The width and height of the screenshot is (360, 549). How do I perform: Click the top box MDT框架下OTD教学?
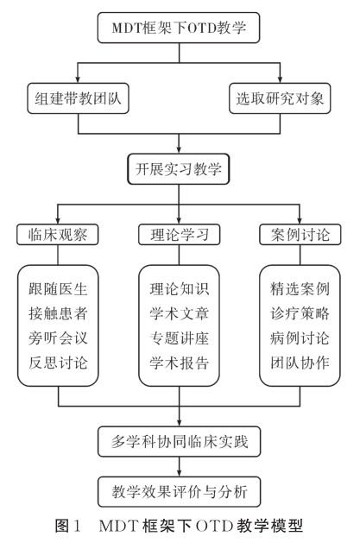[x=179, y=28]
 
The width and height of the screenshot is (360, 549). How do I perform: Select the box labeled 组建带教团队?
[x=78, y=98]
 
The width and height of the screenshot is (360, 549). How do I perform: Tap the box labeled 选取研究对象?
[x=280, y=98]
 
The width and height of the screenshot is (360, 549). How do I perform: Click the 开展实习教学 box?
[x=179, y=169]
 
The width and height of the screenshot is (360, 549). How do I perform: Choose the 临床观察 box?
[x=58, y=234]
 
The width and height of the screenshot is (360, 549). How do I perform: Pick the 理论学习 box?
[x=179, y=234]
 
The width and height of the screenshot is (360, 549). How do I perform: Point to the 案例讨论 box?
[x=300, y=234]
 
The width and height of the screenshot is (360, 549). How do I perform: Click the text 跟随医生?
[x=58, y=289]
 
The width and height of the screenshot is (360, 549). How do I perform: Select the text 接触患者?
[x=58, y=313]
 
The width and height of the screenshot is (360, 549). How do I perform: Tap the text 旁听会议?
[x=58, y=338]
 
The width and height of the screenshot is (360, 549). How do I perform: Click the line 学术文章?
[x=180, y=313]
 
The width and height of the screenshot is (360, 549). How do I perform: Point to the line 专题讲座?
[x=180, y=338]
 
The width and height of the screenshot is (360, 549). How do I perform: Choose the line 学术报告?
[x=180, y=363]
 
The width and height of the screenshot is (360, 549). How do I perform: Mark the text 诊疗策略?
[x=300, y=313]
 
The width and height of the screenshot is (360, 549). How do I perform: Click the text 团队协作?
[x=300, y=363]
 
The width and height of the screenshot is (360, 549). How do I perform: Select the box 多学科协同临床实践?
[x=179, y=441]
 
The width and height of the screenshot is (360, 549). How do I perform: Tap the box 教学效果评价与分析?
[x=179, y=491]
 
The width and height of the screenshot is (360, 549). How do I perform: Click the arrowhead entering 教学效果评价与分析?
[x=179, y=473]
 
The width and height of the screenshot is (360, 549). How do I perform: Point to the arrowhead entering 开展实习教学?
[x=179, y=150]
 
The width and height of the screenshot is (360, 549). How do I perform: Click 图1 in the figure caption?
[x=68, y=526]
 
